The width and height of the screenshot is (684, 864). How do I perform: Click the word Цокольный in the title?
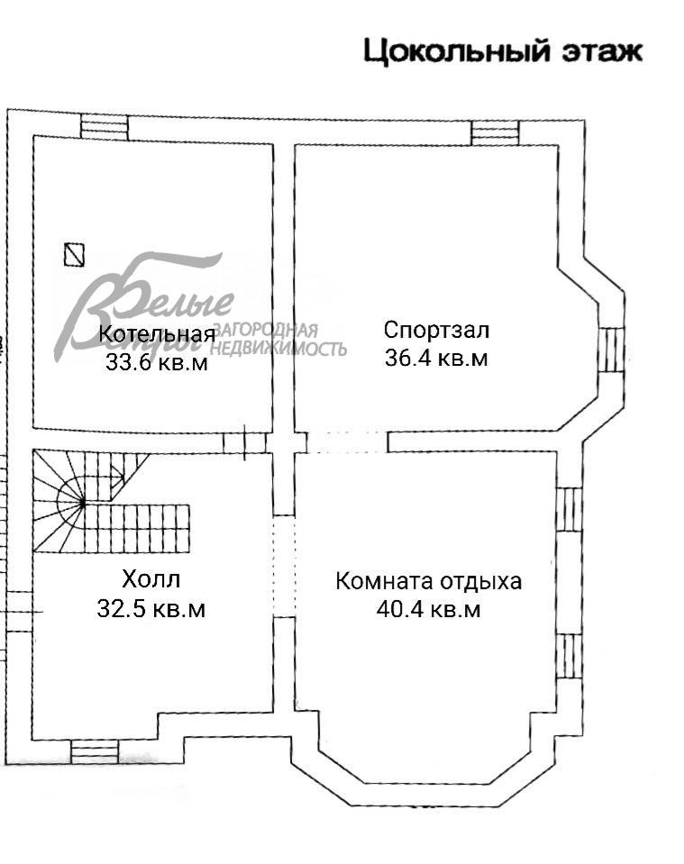pyautogui.click(x=456, y=51)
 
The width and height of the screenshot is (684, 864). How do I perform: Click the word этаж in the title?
pyautogui.click(x=599, y=51)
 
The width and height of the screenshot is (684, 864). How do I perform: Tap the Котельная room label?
pyautogui.click(x=157, y=335)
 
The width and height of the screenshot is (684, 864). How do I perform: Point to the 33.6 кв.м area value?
pyautogui.click(x=157, y=363)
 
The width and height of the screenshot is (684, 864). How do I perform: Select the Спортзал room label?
pyautogui.click(x=435, y=329)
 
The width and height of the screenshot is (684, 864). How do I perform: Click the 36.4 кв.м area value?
pyautogui.click(x=435, y=358)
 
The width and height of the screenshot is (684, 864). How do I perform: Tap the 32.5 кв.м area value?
pyautogui.click(x=150, y=609)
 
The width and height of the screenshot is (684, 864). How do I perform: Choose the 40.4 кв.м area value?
pyautogui.click(x=428, y=610)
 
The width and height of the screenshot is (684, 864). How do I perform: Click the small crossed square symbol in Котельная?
pyautogui.click(x=75, y=255)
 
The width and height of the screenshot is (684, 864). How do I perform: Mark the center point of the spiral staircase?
pyautogui.click(x=83, y=503)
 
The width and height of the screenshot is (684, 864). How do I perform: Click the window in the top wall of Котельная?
pyautogui.click(x=104, y=126)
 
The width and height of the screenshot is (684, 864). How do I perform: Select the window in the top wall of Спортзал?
pyautogui.click(x=495, y=132)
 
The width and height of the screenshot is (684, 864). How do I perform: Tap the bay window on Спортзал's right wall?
pyautogui.click(x=610, y=350)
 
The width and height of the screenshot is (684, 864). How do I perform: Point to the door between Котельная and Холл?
pyautogui.click(x=244, y=441)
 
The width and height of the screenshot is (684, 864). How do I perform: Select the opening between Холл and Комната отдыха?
pyautogui.click(x=284, y=566)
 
